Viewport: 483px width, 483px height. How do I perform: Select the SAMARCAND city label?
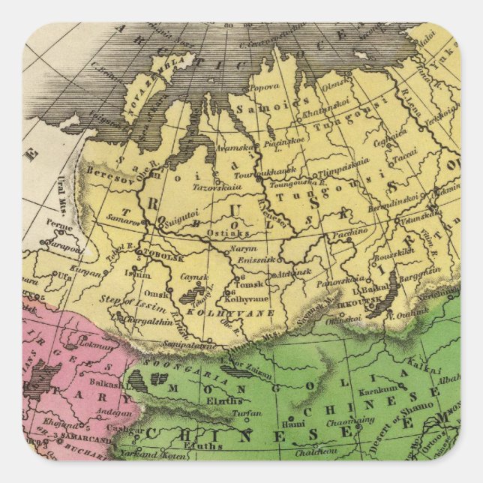82,439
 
